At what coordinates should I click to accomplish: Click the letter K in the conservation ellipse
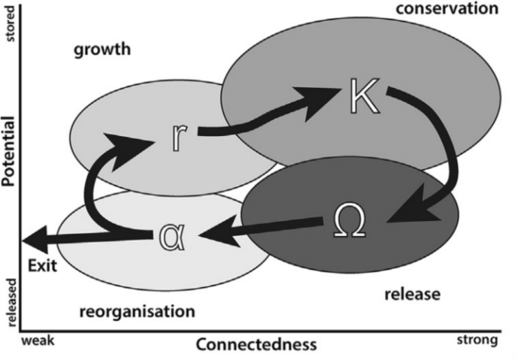pos(365,96)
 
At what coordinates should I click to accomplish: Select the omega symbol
pos(349,220)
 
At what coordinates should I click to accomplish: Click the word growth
pos(102,50)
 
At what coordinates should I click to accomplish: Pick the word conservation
pos(447,9)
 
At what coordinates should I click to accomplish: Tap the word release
pos(412,295)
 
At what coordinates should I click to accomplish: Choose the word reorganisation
pos(138,311)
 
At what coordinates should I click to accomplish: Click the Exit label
pos(42,265)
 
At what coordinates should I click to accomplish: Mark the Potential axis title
pos(8,151)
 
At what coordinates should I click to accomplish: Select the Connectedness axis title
pos(256,345)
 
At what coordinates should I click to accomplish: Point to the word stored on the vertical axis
pos(11,23)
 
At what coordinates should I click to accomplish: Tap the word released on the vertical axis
pos(11,303)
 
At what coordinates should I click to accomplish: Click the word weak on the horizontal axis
pos(38,340)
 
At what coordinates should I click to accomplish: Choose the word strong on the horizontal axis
pos(477,340)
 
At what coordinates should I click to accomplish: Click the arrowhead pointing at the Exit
pos(35,240)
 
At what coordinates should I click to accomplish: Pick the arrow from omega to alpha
pos(259,228)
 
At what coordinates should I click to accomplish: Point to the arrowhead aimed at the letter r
pos(128,150)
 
